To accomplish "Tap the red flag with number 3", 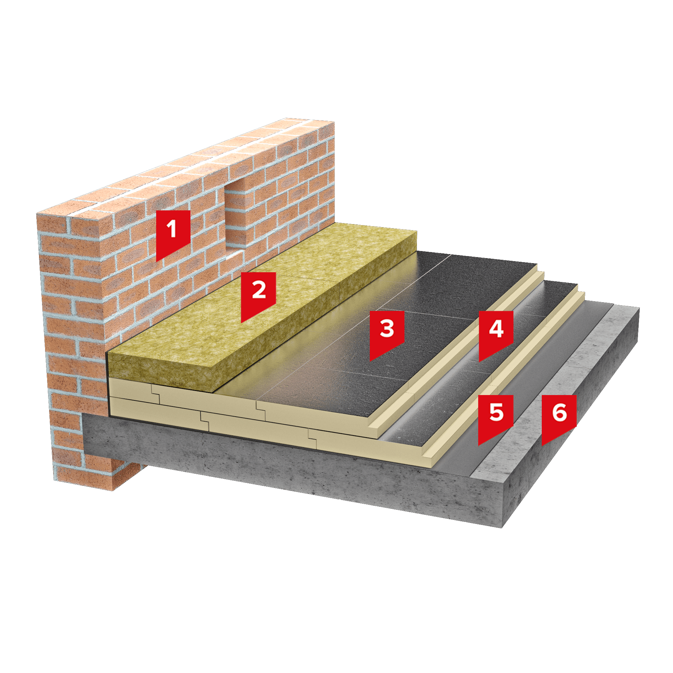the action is (387, 333).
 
